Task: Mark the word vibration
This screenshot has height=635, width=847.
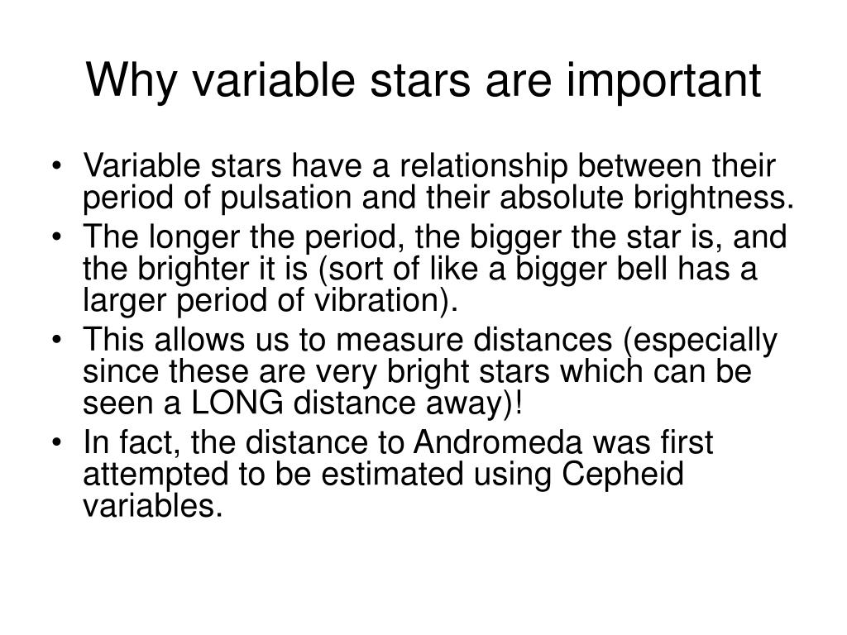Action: [x=387, y=300]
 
